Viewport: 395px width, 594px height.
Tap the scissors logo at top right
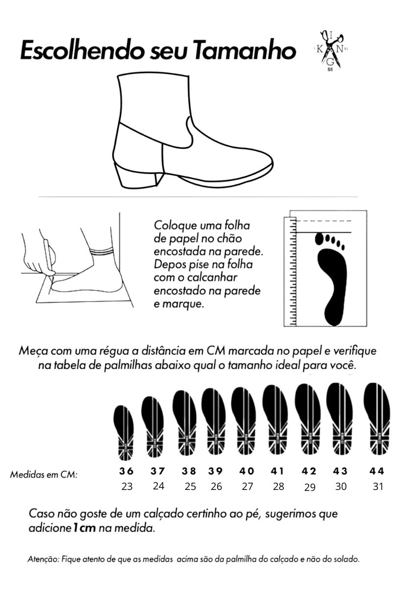[x=331, y=51]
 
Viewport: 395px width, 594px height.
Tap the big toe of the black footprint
[x=320, y=239]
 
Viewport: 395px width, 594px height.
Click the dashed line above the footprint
[x=323, y=220]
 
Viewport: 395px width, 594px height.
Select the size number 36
[x=126, y=471]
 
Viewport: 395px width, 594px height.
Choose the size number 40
[x=247, y=471]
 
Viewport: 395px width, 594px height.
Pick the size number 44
[x=377, y=471]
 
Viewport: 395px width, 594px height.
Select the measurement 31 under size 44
[x=378, y=486]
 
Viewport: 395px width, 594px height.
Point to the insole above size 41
[x=275, y=420]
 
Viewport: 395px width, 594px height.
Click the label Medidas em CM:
[x=44, y=474]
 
